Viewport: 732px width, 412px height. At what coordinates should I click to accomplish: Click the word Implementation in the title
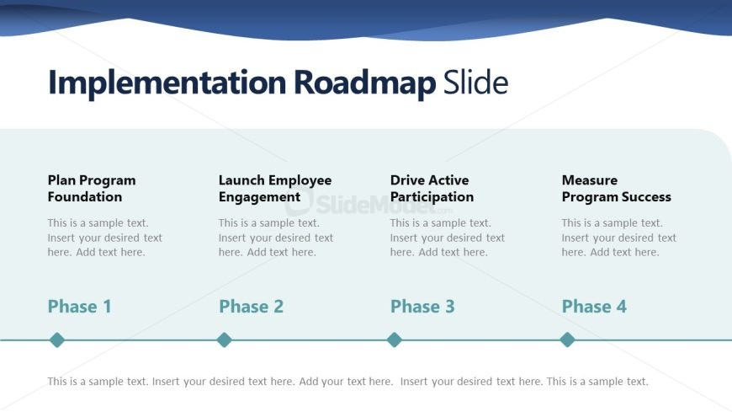[167, 83]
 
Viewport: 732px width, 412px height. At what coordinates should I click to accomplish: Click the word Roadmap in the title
[365, 83]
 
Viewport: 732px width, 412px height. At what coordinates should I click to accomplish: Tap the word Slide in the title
[475, 82]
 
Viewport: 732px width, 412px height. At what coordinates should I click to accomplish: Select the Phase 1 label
[79, 307]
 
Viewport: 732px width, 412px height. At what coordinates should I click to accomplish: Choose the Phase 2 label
[252, 307]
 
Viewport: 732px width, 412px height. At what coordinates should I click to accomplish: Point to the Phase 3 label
[422, 307]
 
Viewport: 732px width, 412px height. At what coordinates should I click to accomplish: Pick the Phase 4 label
[594, 307]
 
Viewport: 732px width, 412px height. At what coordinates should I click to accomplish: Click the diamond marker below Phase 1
[57, 340]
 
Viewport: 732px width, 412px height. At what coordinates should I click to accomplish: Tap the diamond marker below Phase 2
[224, 340]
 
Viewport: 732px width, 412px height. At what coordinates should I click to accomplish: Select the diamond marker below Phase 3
[395, 340]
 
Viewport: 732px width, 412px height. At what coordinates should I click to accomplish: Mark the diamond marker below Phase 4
[567, 340]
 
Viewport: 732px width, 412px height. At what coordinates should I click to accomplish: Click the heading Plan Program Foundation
[92, 189]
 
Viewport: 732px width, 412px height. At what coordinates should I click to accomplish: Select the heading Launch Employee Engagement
[275, 189]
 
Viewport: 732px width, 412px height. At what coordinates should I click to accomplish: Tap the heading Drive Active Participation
[432, 189]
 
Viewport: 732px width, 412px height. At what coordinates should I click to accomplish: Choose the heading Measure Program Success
[616, 189]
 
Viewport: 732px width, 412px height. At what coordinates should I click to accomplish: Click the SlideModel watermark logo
[369, 203]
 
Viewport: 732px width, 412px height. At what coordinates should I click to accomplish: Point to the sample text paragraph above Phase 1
[104, 238]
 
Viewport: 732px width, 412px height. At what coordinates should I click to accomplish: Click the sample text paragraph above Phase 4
[619, 238]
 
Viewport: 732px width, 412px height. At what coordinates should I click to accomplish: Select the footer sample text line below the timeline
[347, 382]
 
